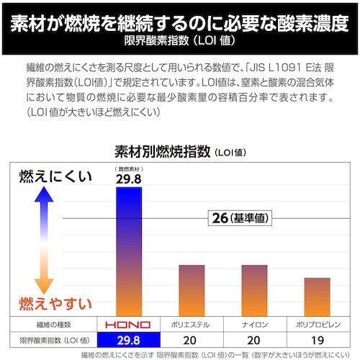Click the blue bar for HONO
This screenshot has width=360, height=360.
(138, 252)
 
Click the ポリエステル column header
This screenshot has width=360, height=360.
(192, 325)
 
